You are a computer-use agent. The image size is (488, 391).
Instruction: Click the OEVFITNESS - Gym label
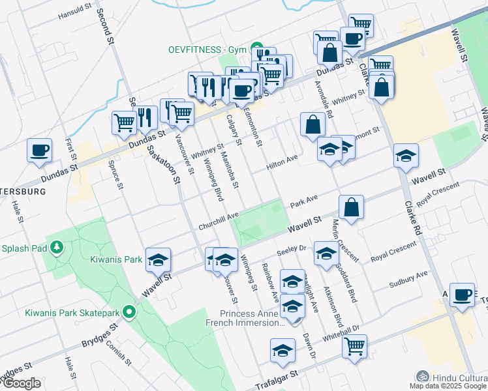[205, 50]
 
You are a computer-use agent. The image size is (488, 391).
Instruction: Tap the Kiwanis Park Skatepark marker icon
[129, 312]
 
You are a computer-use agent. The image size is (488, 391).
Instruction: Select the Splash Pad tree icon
[57, 248]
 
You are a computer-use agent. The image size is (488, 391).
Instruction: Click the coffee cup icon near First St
[39, 151]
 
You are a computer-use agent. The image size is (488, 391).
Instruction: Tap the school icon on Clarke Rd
[406, 156]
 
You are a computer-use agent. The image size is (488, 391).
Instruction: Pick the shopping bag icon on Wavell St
[351, 207]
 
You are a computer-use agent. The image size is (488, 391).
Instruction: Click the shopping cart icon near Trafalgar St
[354, 347]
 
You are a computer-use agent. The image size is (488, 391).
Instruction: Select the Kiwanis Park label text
[116, 259]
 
